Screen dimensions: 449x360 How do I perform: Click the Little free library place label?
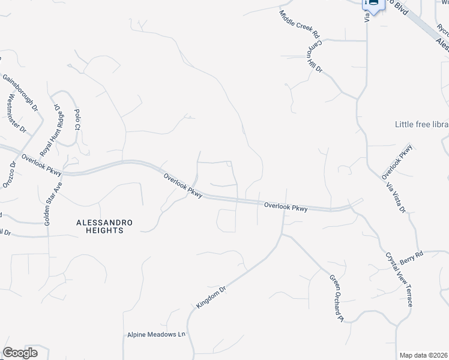click(x=421, y=124)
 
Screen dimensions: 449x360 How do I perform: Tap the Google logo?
click(x=19, y=353)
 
